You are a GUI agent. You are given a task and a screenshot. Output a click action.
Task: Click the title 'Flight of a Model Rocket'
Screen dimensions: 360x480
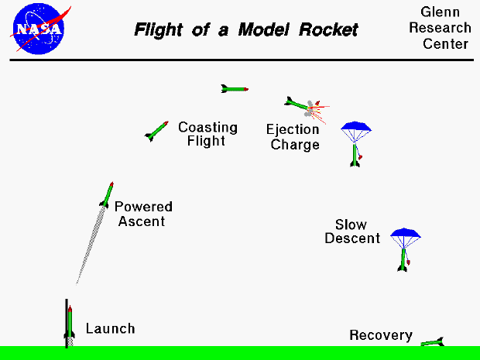[x=246, y=30]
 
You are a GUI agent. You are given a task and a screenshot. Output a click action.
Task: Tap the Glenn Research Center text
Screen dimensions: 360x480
[x=445, y=29]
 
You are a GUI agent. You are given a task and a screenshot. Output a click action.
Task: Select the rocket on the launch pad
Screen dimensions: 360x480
[x=70, y=324]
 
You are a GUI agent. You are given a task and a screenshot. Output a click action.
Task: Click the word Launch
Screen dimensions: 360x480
[x=110, y=329]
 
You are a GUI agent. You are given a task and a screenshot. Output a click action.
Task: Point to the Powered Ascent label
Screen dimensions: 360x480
[x=143, y=214]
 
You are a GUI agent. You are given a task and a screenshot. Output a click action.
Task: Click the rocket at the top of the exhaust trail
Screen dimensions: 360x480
[x=108, y=194]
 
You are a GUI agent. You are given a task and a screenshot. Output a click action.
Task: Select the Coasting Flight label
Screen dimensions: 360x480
[x=207, y=134]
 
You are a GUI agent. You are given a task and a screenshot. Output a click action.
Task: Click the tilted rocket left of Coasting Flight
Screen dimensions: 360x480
[x=157, y=131]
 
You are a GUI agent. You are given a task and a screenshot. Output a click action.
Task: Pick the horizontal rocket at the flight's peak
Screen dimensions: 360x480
[x=235, y=89]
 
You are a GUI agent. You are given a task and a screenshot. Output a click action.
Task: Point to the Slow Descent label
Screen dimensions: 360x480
[x=352, y=231]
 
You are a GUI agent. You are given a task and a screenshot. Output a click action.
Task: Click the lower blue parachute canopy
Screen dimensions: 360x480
[x=405, y=234]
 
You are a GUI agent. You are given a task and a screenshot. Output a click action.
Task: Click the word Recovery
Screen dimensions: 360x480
[x=380, y=335]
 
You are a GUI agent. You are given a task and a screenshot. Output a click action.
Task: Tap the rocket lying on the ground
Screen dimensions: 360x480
[x=432, y=341]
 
